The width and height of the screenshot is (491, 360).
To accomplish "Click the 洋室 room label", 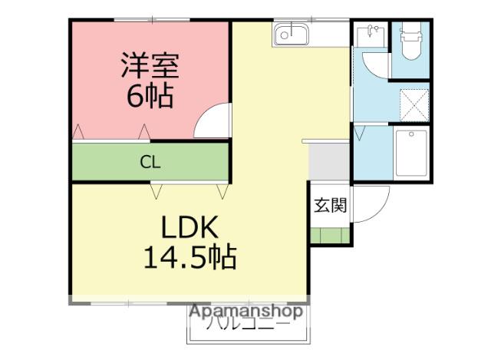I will tap(150, 65).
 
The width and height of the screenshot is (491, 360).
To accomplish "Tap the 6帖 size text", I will tap(150, 97).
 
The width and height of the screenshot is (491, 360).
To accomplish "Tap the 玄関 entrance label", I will tap(331, 206).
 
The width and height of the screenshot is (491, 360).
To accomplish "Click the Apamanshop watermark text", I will tap(246, 312).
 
